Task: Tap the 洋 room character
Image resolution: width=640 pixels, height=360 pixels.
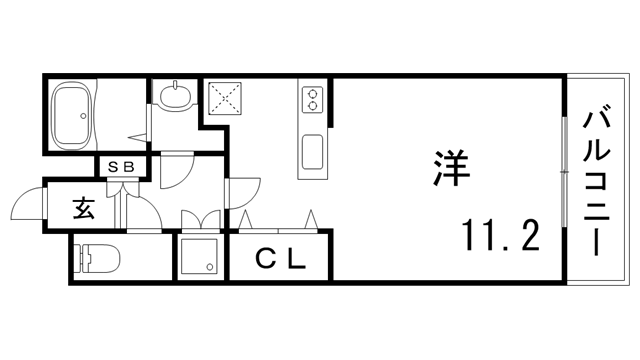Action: pos(449,166)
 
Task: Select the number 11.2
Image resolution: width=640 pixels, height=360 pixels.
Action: pos(500,236)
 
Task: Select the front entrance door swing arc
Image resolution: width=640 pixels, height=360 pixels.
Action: pos(27,208)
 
